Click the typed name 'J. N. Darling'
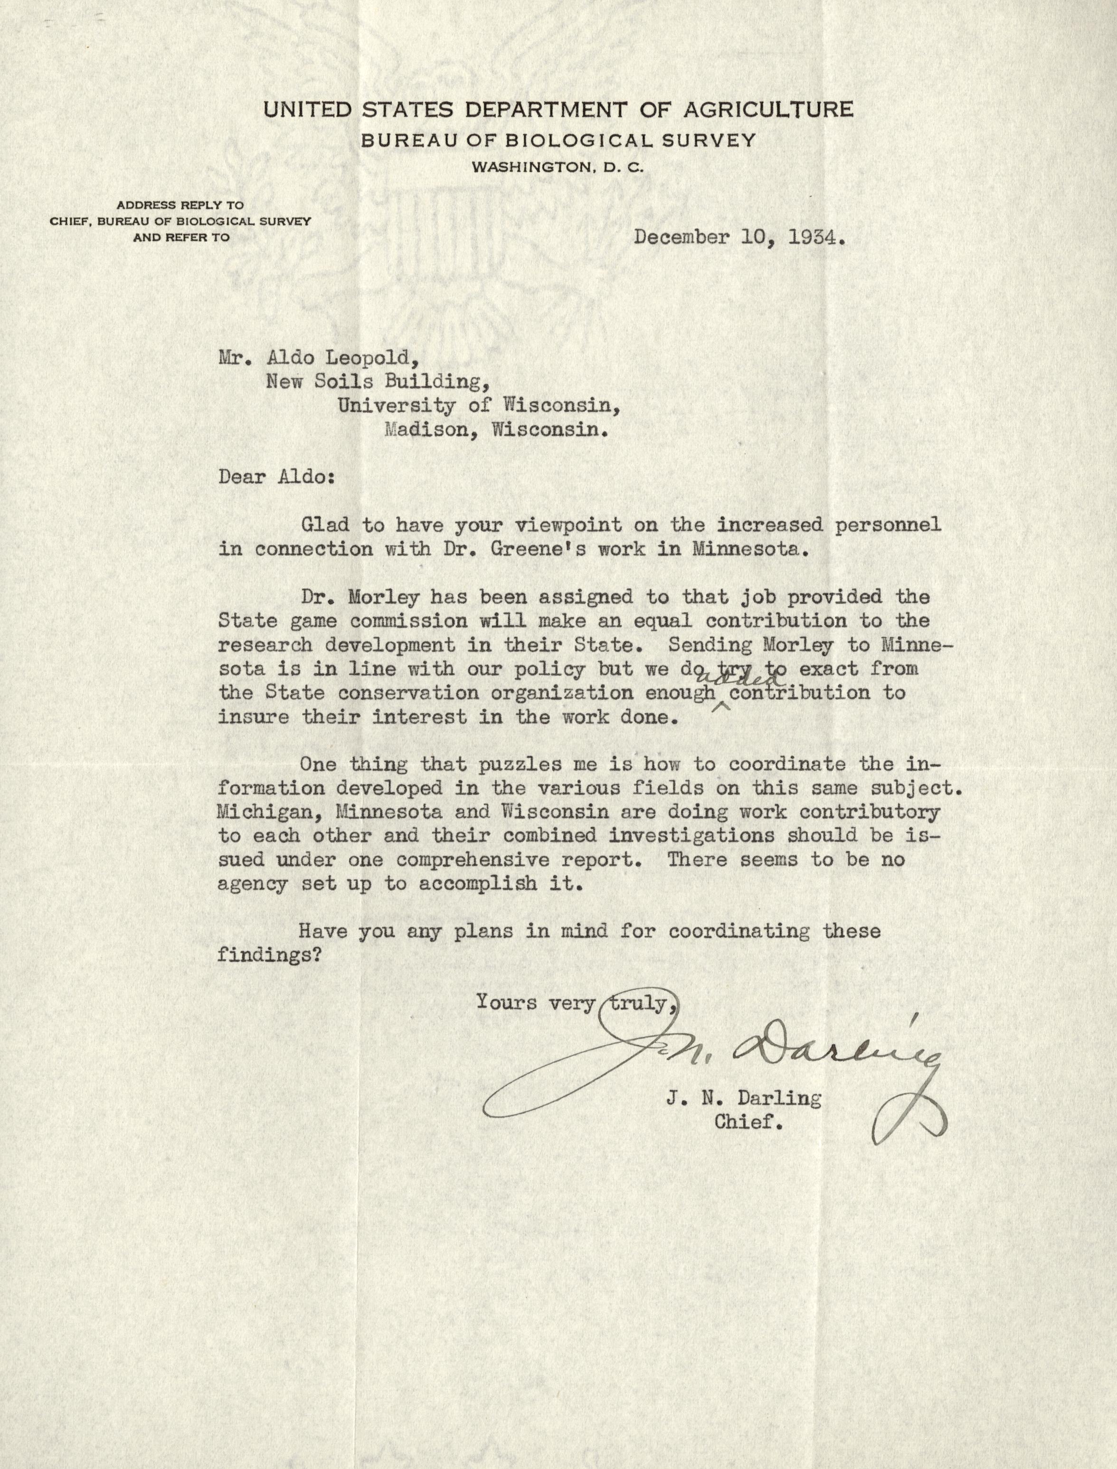coord(743,1098)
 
